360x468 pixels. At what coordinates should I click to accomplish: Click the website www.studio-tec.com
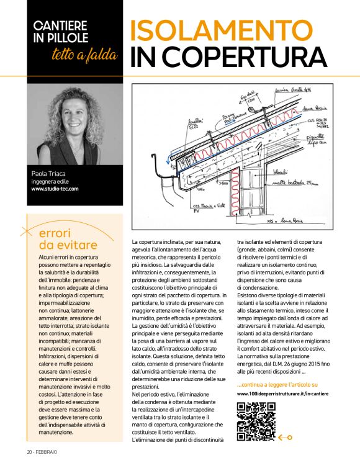[55, 188]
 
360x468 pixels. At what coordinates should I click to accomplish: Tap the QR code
[256, 421]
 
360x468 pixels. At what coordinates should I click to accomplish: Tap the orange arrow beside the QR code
[286, 437]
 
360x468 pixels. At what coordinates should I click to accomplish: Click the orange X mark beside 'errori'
[28, 233]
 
